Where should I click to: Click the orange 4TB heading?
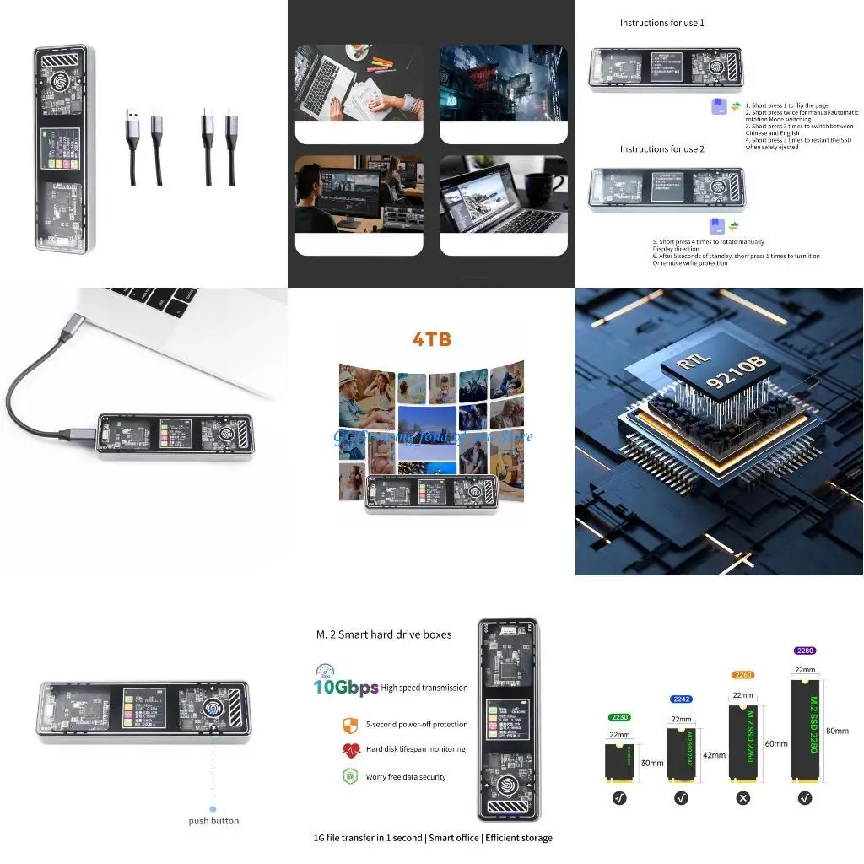coord(431,340)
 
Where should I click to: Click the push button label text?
coord(213,821)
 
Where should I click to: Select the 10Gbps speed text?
coord(346,688)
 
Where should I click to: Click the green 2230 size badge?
coord(619,717)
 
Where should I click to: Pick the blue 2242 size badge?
coord(681,699)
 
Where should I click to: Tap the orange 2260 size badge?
coord(742,675)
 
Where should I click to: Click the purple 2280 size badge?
coord(805,651)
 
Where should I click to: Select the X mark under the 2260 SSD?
coord(742,797)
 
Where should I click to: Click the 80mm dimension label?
coord(838,731)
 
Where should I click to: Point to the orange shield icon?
coord(351,725)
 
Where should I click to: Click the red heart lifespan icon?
coord(351,750)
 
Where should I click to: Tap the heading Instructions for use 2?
coord(661,149)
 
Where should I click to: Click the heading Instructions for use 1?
coord(661,23)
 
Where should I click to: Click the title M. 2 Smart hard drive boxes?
coord(384,634)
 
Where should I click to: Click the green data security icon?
coord(351,777)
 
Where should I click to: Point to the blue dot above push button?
coord(213,808)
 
